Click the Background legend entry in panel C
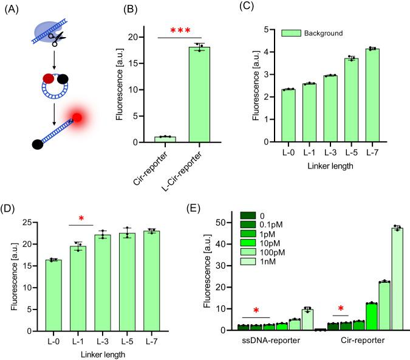coord(315,32)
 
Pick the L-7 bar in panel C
coord(372,95)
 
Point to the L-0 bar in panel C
coord(270,116)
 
